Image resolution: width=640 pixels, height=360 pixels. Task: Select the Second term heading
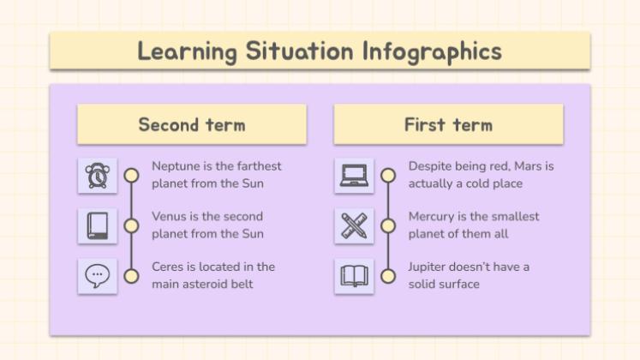pyautogui.click(x=192, y=124)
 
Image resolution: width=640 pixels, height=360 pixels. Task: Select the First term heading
pyautogui.click(x=448, y=124)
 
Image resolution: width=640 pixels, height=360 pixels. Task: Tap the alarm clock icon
pyautogui.click(x=97, y=175)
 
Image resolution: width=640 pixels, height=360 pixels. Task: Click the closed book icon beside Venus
pyautogui.click(x=97, y=225)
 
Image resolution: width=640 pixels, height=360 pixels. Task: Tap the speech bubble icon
pyautogui.click(x=97, y=276)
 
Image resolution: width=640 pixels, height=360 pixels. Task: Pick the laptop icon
pyautogui.click(x=353, y=175)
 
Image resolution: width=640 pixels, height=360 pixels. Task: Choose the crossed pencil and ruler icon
pyautogui.click(x=353, y=225)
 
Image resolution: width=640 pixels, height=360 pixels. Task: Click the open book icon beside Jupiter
pyautogui.click(x=353, y=276)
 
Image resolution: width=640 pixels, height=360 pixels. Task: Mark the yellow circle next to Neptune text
pyautogui.click(x=131, y=175)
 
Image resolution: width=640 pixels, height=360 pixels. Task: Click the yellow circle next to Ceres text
pyautogui.click(x=131, y=276)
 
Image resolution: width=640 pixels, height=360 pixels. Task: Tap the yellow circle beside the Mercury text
pyautogui.click(x=388, y=225)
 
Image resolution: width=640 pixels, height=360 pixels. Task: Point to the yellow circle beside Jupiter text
pyautogui.click(x=388, y=276)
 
